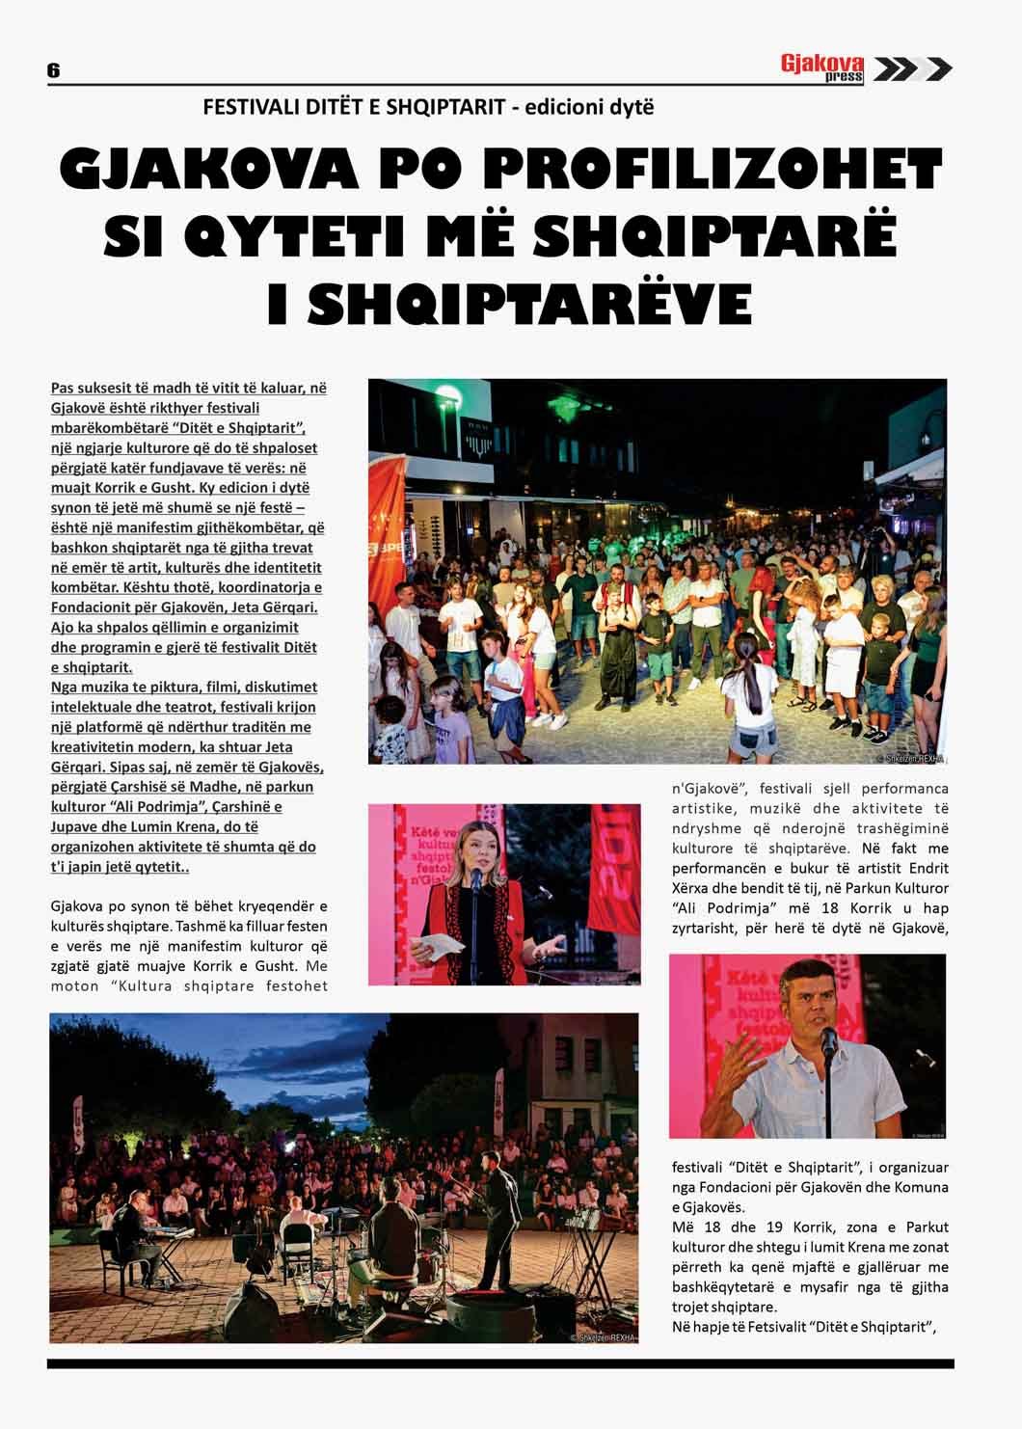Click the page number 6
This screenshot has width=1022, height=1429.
click(53, 70)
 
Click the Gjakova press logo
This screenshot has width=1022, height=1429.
click(821, 68)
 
